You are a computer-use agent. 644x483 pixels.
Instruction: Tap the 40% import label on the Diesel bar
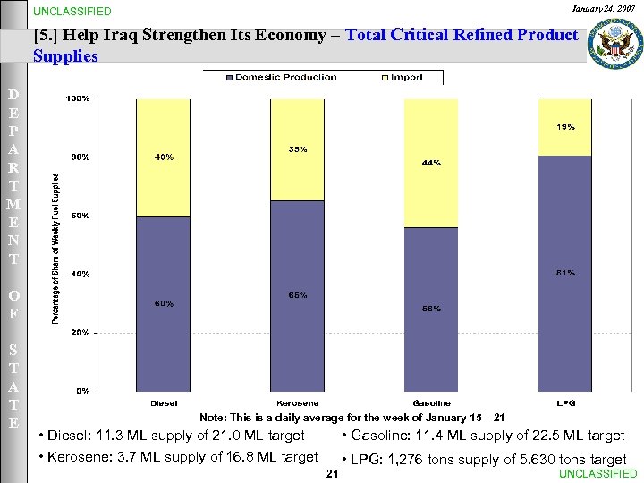[164, 157]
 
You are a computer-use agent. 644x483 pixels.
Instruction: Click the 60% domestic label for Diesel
[164, 303]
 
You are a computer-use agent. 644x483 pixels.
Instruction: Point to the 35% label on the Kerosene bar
[298, 149]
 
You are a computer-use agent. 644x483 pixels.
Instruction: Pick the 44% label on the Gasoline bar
[431, 164]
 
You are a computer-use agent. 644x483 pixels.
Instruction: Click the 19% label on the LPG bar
[565, 127]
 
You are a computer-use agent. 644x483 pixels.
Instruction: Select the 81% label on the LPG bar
[565, 272]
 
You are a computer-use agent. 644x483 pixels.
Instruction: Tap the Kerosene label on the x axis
[298, 403]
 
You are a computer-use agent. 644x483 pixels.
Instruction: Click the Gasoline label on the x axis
[431, 403]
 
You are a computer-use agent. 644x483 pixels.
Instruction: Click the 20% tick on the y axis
[80, 332]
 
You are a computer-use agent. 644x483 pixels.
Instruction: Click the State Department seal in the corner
[614, 42]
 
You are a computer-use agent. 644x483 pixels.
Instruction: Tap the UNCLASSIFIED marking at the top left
[72, 12]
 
